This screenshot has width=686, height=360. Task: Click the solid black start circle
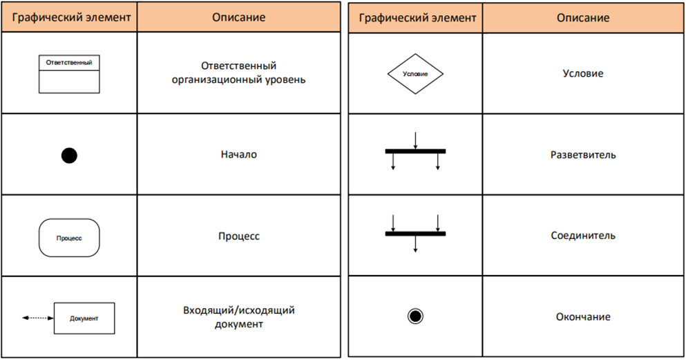point(69,155)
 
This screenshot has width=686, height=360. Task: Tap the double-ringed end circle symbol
point(415,316)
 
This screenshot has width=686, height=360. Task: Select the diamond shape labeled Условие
point(415,74)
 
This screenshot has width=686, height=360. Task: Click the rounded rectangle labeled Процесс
point(69,238)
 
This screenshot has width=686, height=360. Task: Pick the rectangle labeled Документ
point(84,318)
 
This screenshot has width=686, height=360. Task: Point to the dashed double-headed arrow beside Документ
point(38,318)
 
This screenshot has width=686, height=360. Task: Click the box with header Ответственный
point(69,74)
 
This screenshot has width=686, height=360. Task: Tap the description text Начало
point(239,154)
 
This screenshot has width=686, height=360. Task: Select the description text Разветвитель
point(583,155)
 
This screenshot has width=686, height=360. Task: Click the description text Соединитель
point(583,236)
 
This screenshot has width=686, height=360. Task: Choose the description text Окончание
point(583,316)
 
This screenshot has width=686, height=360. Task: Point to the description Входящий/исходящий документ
point(239,317)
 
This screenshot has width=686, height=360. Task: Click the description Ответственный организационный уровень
point(239,73)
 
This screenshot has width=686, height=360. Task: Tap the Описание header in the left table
point(239,17)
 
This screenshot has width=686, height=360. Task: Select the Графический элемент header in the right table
point(417,18)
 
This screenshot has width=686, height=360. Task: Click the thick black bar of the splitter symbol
point(415,151)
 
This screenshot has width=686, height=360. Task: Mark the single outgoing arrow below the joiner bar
point(415,244)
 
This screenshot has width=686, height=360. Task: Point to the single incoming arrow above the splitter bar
point(415,141)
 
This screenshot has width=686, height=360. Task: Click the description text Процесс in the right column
point(239,236)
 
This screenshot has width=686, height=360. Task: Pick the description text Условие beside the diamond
point(583,73)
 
